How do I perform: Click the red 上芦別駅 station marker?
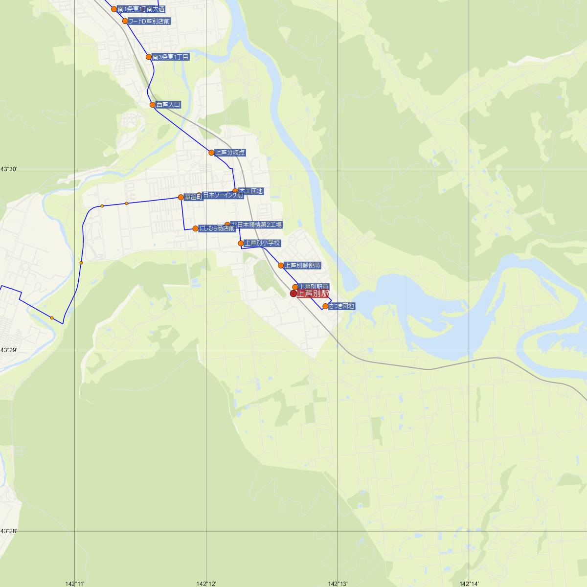[x=293, y=293]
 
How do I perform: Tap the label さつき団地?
[x=341, y=306]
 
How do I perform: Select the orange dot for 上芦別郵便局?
[x=281, y=266]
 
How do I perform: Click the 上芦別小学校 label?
[x=263, y=243]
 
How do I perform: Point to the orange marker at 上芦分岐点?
[x=211, y=153]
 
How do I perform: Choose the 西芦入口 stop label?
[x=168, y=105]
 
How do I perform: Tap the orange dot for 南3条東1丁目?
[x=149, y=57]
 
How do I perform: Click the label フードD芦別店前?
[x=149, y=22]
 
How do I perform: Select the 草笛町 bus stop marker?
[x=181, y=197]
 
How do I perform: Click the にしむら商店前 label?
[x=217, y=228]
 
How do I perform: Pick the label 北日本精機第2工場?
[x=257, y=225]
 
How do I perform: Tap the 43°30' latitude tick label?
[x=9, y=169]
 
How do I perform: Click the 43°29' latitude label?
[x=9, y=350]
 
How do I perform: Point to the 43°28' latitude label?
[x=9, y=531]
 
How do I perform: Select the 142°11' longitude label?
[x=75, y=584]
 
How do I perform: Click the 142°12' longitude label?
[x=206, y=584]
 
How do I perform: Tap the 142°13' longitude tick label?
[x=338, y=584]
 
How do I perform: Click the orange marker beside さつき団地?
[x=325, y=307]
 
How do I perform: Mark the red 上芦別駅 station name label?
[x=313, y=293]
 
